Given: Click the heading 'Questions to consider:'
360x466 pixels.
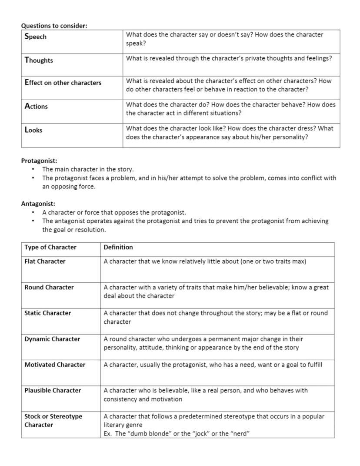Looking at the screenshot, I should click(x=54, y=26).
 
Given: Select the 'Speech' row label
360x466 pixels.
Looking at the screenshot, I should click(x=36, y=37).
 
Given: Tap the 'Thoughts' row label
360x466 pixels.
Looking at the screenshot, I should click(x=39, y=60).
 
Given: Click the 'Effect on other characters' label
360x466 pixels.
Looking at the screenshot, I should click(x=63, y=83).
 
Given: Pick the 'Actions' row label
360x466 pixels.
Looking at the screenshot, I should click(x=36, y=106).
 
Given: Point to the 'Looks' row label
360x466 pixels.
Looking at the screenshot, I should click(x=33, y=130).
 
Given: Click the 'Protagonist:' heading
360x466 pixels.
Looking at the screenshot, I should click(x=39, y=161).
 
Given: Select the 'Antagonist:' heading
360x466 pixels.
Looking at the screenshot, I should click(x=38, y=204).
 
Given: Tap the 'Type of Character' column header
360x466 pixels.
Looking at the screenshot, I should click(x=50, y=247).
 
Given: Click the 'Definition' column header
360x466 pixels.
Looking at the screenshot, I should click(x=118, y=247).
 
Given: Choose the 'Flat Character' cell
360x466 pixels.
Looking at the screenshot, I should click(x=45, y=261).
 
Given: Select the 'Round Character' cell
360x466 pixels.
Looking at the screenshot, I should click(x=49, y=287).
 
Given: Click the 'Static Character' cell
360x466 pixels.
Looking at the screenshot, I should click(x=48, y=313).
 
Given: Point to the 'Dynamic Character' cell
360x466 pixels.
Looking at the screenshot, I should click(x=52, y=339).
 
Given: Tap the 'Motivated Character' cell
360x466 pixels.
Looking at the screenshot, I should click(x=55, y=365).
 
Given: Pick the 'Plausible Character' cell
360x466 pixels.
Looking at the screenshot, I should click(x=53, y=390).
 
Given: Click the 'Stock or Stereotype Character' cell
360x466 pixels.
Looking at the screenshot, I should click(x=53, y=420).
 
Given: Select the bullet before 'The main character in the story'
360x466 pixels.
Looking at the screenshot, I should click(x=33, y=169).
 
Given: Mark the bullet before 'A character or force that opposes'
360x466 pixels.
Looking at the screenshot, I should click(x=33, y=212).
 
